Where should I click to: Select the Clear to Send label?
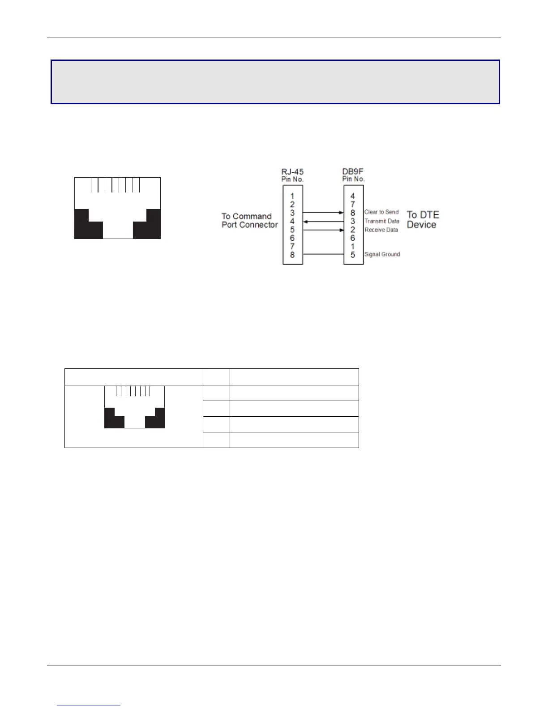(381, 212)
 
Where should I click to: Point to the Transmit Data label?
(382, 221)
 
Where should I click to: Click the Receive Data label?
(381, 230)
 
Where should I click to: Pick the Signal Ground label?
(382, 254)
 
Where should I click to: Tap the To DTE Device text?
(423, 220)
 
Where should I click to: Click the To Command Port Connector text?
(249, 221)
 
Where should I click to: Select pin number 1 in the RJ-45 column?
(292, 196)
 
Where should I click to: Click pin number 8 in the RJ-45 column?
(292, 255)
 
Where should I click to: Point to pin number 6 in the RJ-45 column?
(292, 238)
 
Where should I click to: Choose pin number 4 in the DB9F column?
(353, 196)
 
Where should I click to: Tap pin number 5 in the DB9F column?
(353, 255)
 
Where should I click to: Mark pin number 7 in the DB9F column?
(353, 205)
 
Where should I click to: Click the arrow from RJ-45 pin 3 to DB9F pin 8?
(323, 213)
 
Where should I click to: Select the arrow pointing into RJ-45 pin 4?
(323, 222)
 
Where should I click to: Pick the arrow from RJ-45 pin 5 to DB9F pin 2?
(323, 230)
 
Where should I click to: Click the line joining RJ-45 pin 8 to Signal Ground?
(323, 255)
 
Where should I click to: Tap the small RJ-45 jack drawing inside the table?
(134, 407)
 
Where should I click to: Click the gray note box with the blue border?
(275, 82)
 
